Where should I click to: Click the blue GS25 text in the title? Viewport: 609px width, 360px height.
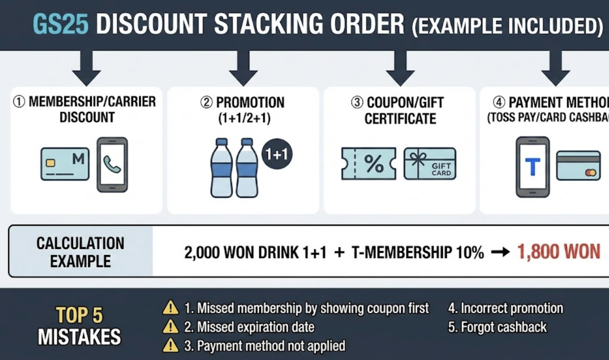[x=61, y=24]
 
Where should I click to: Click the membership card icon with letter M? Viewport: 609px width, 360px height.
[x=65, y=164]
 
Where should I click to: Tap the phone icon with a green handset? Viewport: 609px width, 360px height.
[x=112, y=165]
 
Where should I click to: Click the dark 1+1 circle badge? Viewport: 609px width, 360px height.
[x=277, y=154]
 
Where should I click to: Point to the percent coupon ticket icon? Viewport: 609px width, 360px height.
[x=368, y=163]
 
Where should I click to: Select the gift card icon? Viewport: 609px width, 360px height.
[x=429, y=163]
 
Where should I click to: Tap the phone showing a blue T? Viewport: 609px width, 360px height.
[x=532, y=167]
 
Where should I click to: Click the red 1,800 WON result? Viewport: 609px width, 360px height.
[x=559, y=252]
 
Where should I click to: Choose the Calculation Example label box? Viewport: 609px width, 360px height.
[x=81, y=252]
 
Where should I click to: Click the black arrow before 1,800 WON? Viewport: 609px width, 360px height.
[x=500, y=252]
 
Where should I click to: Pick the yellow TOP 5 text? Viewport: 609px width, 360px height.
[x=79, y=315]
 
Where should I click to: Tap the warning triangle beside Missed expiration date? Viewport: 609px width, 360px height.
[x=171, y=327]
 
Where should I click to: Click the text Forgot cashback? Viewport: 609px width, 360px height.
[x=497, y=327]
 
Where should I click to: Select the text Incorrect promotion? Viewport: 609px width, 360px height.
[x=505, y=308]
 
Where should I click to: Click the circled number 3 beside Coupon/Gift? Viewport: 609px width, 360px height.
[x=357, y=102]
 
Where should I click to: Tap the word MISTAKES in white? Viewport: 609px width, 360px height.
[x=79, y=337]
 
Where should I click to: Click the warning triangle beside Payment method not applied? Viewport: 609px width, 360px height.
[x=171, y=346]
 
